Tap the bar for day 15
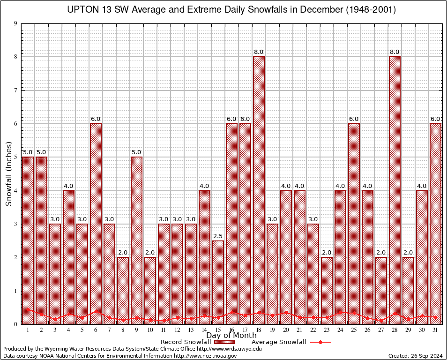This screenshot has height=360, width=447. pos(218,281)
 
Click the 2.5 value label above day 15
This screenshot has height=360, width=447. pos(218,236)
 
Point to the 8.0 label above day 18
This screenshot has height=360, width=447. pos(259,52)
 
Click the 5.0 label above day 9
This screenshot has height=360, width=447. pos(136,152)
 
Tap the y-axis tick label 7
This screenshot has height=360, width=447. pos(15,90)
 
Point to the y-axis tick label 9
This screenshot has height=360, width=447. pos(15,23)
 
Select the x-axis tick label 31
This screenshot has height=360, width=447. pos(435,330)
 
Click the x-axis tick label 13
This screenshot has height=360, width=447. pos(191,330)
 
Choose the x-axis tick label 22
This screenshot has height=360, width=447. pos(313,330)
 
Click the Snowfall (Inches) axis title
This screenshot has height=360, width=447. pos(8,174)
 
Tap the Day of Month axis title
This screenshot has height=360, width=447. pos(231,335)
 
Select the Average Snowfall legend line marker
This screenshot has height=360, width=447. pos(320,342)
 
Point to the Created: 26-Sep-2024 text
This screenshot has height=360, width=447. pos(415,356)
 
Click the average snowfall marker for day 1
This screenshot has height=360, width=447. pos(28,309)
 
